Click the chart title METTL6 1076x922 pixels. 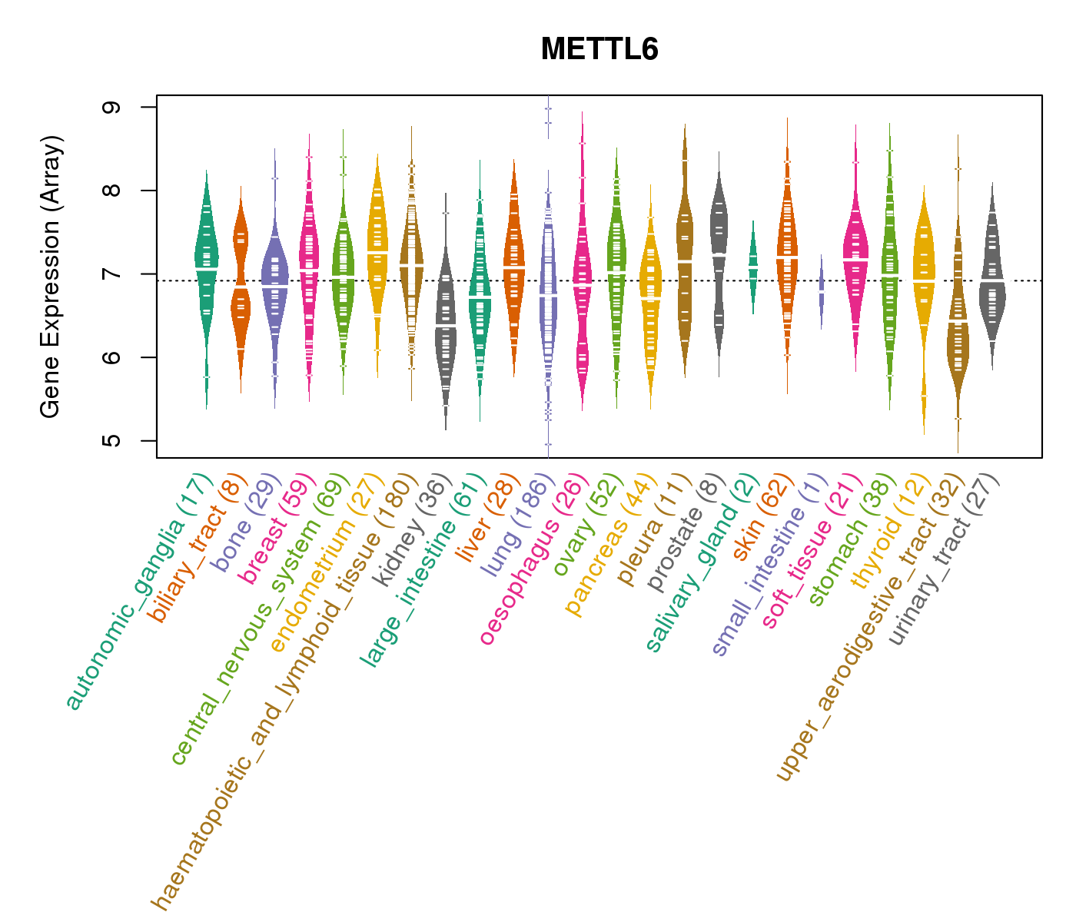click(599, 50)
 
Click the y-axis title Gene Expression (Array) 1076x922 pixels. click(51, 277)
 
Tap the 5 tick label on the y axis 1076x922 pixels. click(112, 441)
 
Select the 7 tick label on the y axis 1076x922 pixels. click(112, 274)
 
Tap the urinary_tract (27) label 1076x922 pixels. click(945, 560)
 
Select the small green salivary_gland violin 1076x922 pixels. click(753, 265)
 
